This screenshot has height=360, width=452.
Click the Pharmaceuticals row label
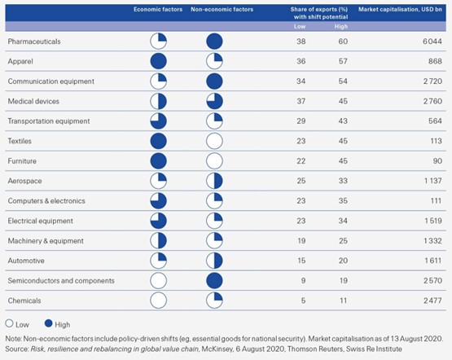[34, 42]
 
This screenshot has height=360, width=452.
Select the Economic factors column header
[158, 10]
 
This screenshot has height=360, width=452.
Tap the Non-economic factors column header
[222, 10]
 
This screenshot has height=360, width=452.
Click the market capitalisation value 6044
[432, 42]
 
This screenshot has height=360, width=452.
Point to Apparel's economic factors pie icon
[159, 61]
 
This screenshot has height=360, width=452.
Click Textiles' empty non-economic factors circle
[214, 141]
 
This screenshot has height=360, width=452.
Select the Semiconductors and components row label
[61, 281]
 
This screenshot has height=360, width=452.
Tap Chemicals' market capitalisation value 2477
[432, 301]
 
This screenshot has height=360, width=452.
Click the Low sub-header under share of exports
[300, 27]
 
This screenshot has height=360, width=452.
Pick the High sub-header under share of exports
[341, 27]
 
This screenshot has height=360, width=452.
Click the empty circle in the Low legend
[9, 323]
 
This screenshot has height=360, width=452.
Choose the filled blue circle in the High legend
[48, 323]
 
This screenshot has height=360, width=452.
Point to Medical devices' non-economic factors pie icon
[214, 102]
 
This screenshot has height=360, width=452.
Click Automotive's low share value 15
[301, 261]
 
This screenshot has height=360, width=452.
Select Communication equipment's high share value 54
[343, 81]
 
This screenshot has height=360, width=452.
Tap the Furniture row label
[22, 161]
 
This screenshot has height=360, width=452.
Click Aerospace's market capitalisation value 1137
[433, 181]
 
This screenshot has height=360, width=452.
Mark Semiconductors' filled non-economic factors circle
[214, 281]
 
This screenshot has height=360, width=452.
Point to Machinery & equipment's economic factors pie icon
[159, 241]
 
